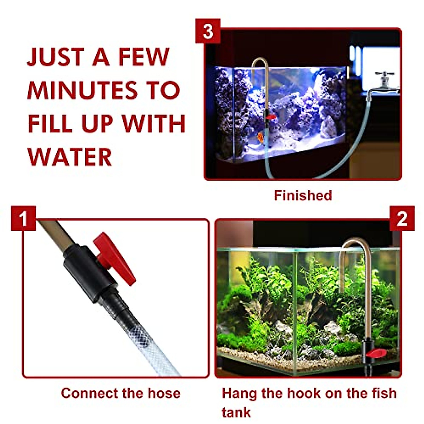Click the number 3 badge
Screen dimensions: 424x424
click(x=208, y=31)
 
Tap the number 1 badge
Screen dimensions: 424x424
click(x=23, y=218)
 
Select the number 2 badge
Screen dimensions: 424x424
click(x=402, y=219)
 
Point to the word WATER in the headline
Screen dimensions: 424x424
click(x=70, y=157)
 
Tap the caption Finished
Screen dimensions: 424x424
click(x=303, y=195)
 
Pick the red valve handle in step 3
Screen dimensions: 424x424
click(x=271, y=117)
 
